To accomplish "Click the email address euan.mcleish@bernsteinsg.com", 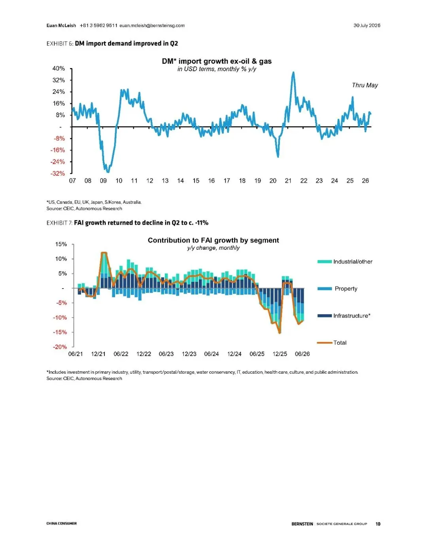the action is click(152, 25).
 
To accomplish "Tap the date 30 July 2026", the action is click(367, 25).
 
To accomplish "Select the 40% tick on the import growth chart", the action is click(59, 68).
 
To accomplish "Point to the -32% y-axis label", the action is click(58, 173).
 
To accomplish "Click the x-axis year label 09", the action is click(103, 181).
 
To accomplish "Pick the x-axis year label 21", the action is click(288, 181).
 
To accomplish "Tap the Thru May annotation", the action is click(365, 85).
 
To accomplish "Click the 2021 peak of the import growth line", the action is click(293, 72).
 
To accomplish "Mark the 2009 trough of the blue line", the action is click(108, 172).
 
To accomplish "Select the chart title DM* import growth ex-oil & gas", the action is click(217, 61).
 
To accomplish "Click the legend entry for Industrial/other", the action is click(345, 262).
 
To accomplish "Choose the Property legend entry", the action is click(338, 289).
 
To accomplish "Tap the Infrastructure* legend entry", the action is click(344, 316).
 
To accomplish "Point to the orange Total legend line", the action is click(325, 343).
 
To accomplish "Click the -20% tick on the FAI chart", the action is click(60, 347).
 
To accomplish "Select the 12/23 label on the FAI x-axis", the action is click(189, 354).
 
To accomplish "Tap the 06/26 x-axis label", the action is click(302, 354).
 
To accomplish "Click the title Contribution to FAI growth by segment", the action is click(213, 240).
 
